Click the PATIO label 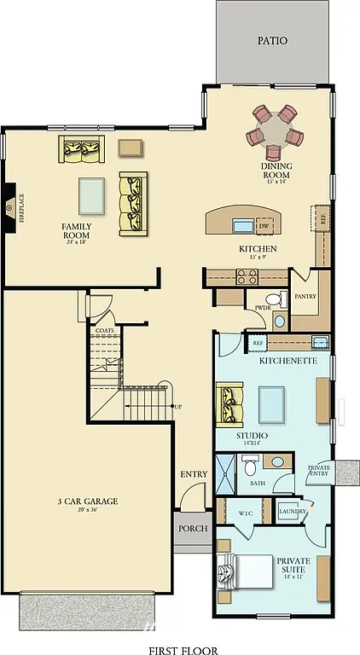point(272,40)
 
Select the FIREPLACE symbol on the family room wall point(9,206)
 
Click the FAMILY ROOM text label point(76,230)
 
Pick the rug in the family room point(91,195)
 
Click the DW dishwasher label point(264,226)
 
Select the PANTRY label point(305,297)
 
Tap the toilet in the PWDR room point(280,321)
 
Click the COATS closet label point(105,330)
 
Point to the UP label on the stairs point(177,406)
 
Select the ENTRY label point(194,474)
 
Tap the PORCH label point(193,528)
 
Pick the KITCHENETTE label point(288,361)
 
